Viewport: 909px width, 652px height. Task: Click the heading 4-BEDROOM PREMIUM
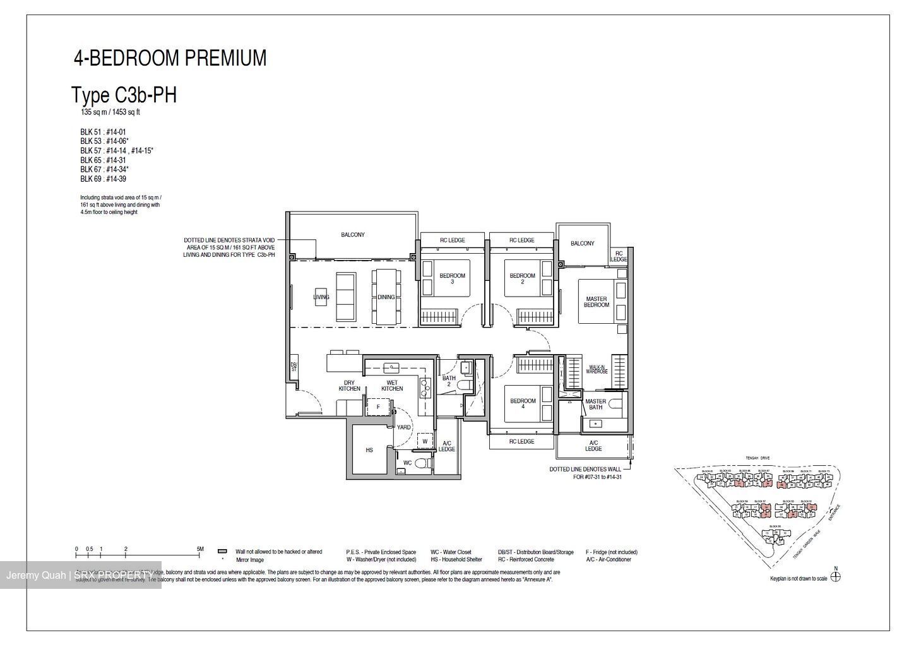coord(170,58)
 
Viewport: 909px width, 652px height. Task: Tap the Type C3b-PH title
coord(124,95)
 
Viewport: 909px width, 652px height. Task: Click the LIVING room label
coord(321,297)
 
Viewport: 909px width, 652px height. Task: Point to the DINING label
coord(386,297)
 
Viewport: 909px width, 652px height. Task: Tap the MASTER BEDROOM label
coord(596,302)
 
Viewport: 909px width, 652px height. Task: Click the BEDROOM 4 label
coord(522,404)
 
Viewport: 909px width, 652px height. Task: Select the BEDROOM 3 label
coord(452,278)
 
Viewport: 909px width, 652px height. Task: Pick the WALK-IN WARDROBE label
coord(598,369)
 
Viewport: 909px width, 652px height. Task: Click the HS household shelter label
coord(369,451)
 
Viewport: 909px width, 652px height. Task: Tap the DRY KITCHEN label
coord(349,386)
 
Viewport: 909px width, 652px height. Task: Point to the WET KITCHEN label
coord(391,386)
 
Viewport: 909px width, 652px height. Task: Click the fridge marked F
coord(378,407)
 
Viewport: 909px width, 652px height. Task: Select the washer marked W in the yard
coord(425,441)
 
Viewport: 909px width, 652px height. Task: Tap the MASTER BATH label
coord(595,404)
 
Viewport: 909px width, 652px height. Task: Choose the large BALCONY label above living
coord(353,235)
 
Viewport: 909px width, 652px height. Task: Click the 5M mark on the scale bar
coord(200,549)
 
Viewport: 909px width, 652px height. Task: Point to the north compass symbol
coord(835,576)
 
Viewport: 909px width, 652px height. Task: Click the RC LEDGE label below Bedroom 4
coord(521,441)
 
